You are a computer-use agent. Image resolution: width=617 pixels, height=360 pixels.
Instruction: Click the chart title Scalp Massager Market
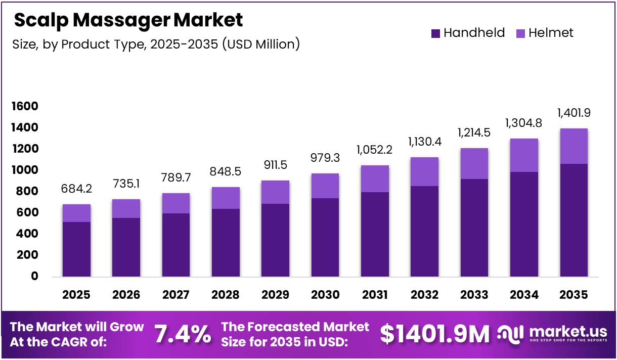click(x=128, y=21)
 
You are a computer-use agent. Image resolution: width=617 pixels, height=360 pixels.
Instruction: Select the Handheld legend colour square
click(x=435, y=33)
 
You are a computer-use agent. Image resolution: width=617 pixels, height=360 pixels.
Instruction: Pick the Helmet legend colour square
click(x=520, y=33)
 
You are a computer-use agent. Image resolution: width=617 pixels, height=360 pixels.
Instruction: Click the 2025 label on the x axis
click(x=76, y=295)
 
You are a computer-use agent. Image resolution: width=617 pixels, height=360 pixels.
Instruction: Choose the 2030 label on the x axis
click(x=325, y=295)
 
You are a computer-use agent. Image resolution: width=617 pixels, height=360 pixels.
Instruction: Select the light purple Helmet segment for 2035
click(x=574, y=146)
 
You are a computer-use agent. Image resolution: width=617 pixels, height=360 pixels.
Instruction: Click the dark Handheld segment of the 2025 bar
click(x=76, y=249)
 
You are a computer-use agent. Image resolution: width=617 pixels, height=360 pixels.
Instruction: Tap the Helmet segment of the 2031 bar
click(x=375, y=178)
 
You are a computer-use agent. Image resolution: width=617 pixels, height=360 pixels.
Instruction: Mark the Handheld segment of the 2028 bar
click(x=226, y=243)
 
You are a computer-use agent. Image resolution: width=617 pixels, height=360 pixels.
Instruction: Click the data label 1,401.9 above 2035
click(x=574, y=113)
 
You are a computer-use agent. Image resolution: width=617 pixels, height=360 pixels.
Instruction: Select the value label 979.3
click(x=325, y=158)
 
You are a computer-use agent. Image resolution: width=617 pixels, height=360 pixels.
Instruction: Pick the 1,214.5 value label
click(x=474, y=133)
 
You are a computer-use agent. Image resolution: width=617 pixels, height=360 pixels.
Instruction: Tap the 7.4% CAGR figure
click(x=183, y=334)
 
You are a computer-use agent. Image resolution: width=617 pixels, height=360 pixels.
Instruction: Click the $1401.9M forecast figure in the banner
click(x=435, y=334)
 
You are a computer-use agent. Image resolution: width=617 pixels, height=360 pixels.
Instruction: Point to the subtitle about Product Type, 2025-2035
click(x=156, y=44)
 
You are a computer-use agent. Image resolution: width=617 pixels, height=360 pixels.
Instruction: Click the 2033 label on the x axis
click(x=474, y=295)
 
